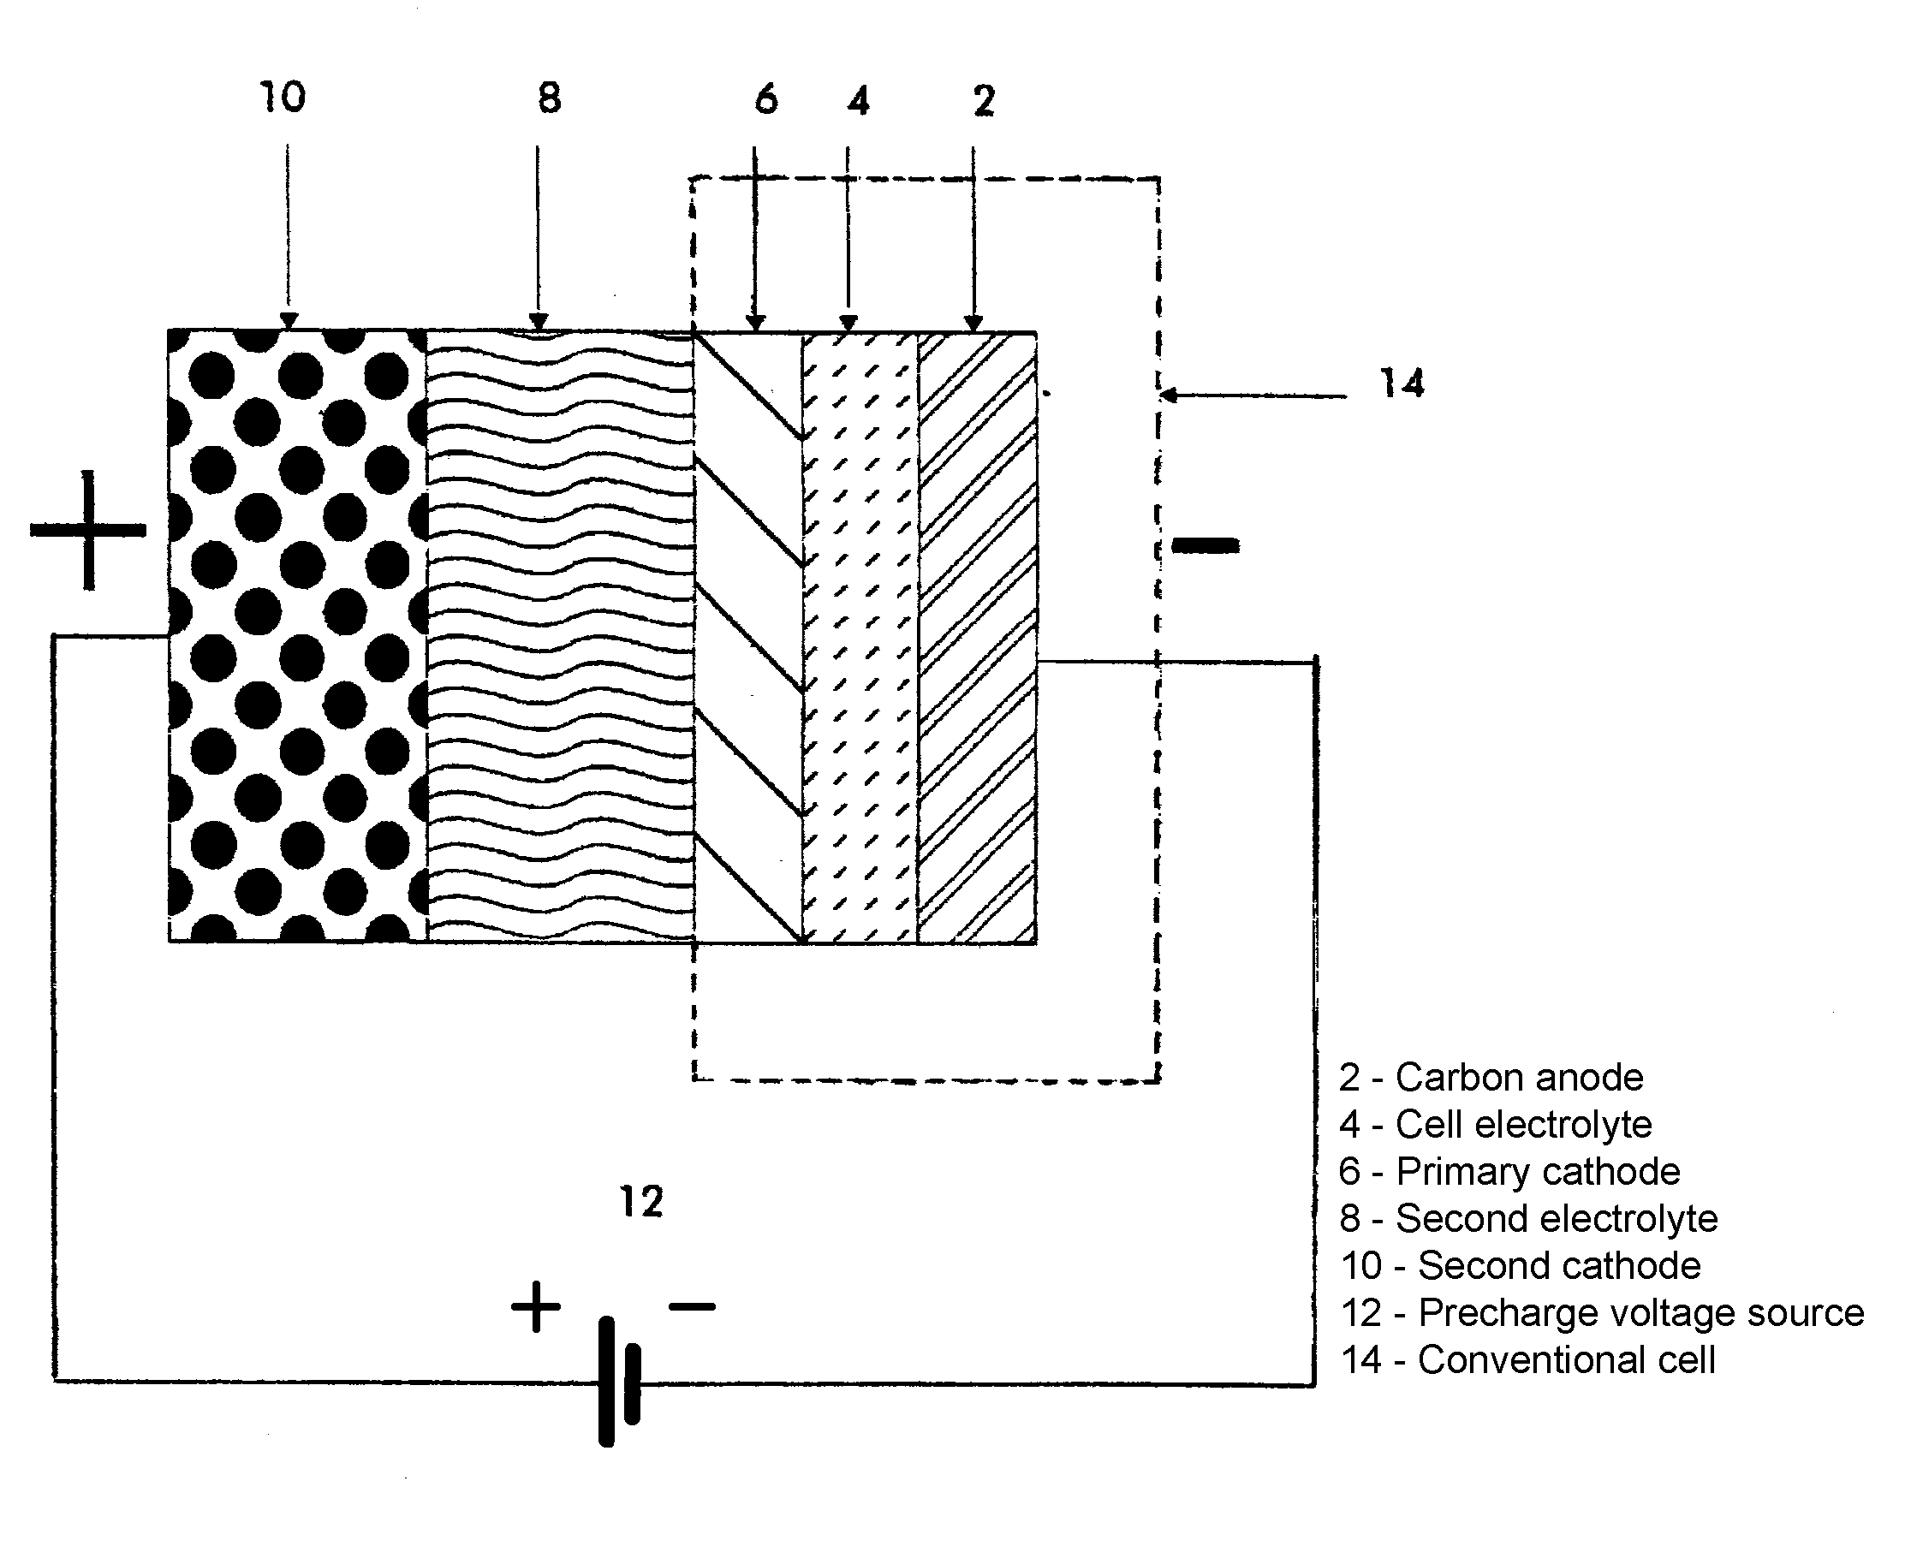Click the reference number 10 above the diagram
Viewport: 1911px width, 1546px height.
pyautogui.click(x=283, y=97)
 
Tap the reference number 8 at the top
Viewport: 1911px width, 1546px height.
pyautogui.click(x=550, y=98)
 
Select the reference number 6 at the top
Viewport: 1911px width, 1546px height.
pyautogui.click(x=765, y=100)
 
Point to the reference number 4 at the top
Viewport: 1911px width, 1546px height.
pyautogui.click(x=858, y=102)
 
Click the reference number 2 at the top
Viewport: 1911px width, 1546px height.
pyautogui.click(x=983, y=101)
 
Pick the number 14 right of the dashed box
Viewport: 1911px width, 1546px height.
pyautogui.click(x=1402, y=383)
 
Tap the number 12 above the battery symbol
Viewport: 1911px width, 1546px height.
pyautogui.click(x=641, y=1202)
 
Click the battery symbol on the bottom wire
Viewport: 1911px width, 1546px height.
pyautogui.click(x=619, y=1382)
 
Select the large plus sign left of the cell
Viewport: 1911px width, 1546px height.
pyautogui.click(x=88, y=531)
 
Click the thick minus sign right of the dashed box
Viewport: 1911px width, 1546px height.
pyautogui.click(x=1205, y=545)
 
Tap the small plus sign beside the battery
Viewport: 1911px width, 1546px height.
pyautogui.click(x=536, y=1307)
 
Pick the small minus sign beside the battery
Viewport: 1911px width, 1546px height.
pyautogui.click(x=692, y=1307)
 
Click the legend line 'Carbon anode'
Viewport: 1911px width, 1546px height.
pyautogui.click(x=1491, y=1078)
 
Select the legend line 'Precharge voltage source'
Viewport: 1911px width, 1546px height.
pyautogui.click(x=1602, y=1312)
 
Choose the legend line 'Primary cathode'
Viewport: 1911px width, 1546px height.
pyautogui.click(x=1509, y=1172)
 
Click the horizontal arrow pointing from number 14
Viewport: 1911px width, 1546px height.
pyautogui.click(x=1253, y=395)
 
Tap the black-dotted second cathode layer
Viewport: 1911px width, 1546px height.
pyautogui.click(x=297, y=636)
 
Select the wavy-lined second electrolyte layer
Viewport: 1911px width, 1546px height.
pyautogui.click(x=560, y=636)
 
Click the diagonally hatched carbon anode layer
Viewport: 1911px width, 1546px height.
pyautogui.click(x=977, y=636)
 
